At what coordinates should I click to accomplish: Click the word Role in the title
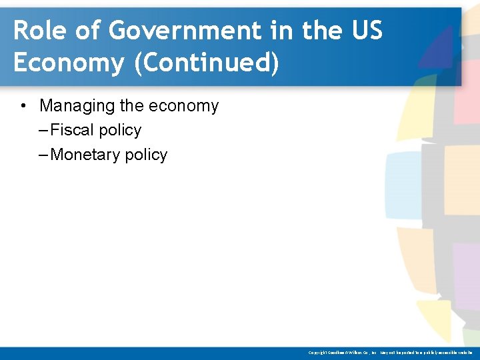click(39, 31)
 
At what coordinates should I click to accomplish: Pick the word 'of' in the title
click(86, 31)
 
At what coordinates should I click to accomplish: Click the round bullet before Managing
click(23, 106)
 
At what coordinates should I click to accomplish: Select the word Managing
click(74, 106)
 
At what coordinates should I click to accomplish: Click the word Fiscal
click(72, 130)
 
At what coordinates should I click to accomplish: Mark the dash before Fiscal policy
click(44, 130)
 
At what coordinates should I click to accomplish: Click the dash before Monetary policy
click(44, 155)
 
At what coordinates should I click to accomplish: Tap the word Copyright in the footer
click(319, 353)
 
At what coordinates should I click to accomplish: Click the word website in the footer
click(463, 353)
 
